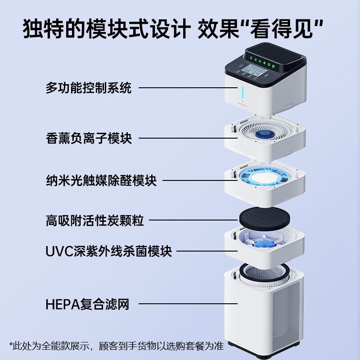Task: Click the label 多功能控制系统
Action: [88, 88]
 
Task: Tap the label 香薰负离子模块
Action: [89, 138]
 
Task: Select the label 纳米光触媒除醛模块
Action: [101, 180]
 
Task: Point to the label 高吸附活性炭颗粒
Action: [94, 220]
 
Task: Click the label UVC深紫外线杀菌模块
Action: [108, 251]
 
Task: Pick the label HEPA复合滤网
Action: [87, 305]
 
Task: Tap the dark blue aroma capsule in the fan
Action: [263, 135]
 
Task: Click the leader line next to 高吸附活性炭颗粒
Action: [193, 220]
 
